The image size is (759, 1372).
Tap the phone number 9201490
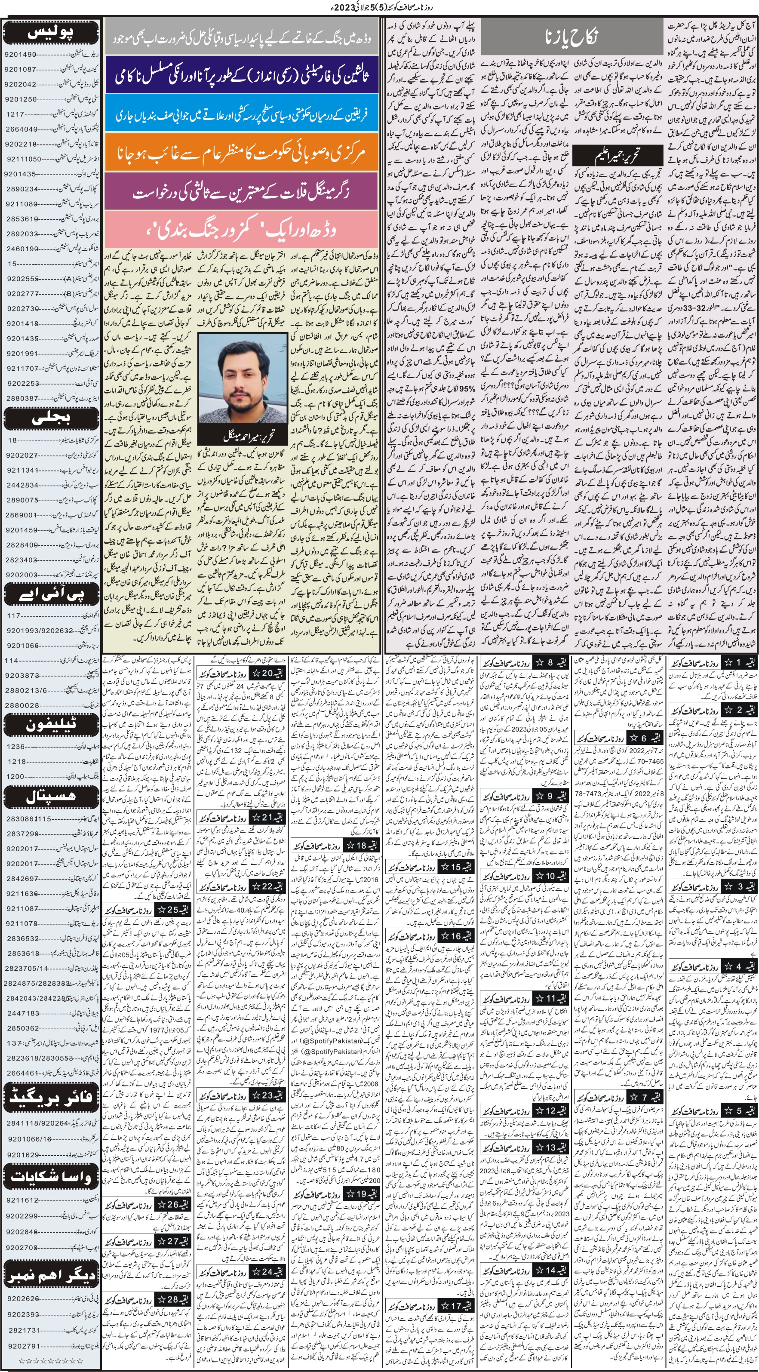point(20,54)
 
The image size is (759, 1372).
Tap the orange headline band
point(241,153)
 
